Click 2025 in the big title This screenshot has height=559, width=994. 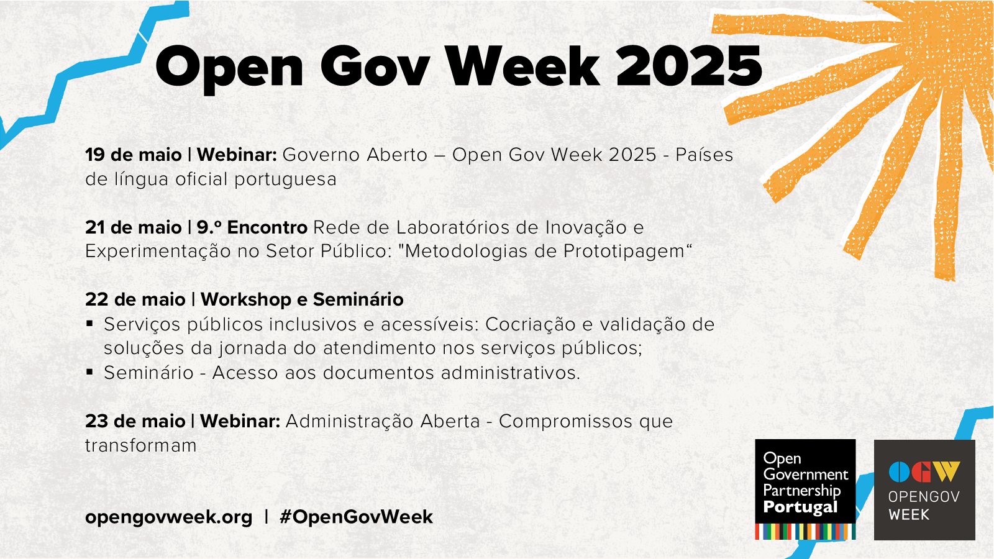(689, 66)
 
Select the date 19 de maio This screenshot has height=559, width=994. (134, 155)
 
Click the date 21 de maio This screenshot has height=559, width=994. (134, 227)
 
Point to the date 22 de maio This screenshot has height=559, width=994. (135, 299)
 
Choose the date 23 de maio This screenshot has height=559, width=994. (135, 421)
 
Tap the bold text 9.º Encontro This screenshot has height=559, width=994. (252, 227)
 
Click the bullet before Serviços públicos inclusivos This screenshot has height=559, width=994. (89, 324)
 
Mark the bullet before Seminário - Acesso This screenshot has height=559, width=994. (89, 372)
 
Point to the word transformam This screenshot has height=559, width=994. (140, 445)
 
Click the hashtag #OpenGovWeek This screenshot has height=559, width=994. (357, 517)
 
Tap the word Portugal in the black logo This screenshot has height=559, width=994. (800, 507)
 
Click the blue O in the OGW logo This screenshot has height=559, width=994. (899, 471)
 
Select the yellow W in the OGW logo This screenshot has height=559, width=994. (946, 471)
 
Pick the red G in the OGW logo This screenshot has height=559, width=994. (921, 471)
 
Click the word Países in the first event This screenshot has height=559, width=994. (704, 155)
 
